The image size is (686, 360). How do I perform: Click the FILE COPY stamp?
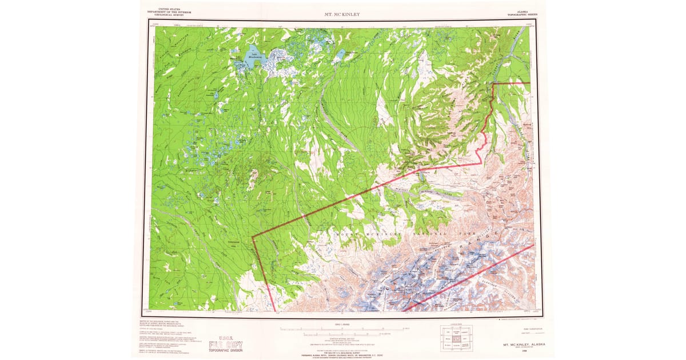[x=225, y=345]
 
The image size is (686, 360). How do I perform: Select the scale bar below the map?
[x=342, y=330]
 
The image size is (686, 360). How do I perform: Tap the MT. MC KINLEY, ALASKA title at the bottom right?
[x=521, y=345]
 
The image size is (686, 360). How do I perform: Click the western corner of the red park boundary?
[x=252, y=235]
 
